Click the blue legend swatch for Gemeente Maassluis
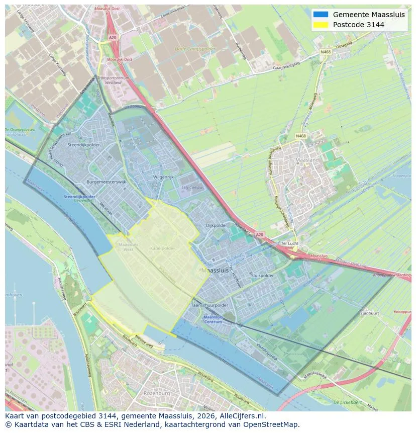[x=320, y=15]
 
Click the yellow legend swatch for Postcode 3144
[x=320, y=25]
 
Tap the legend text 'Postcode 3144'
[x=358, y=25]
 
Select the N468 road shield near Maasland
[x=300, y=136]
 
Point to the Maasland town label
[x=307, y=160]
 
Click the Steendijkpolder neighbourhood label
[x=76, y=145]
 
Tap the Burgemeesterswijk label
[x=106, y=182]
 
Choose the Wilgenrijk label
[x=163, y=178]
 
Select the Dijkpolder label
[x=217, y=225]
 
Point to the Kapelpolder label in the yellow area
[x=162, y=248]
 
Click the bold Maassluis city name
[x=215, y=270]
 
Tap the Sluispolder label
[x=262, y=276]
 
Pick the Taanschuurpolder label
[x=210, y=305]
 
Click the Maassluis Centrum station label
[x=213, y=319]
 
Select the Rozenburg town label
[x=157, y=393]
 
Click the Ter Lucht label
[x=290, y=243]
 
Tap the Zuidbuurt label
[x=369, y=313]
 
